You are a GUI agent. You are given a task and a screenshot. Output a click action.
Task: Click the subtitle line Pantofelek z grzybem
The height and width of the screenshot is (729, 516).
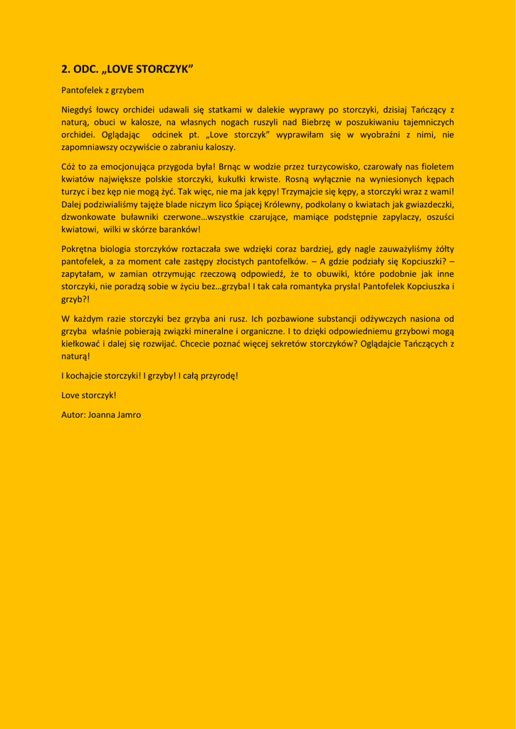tap(102, 90)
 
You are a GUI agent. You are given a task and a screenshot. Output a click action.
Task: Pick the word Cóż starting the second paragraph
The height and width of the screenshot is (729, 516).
tap(70, 167)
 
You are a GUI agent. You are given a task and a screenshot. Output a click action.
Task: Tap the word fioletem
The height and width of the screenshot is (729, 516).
tap(436, 167)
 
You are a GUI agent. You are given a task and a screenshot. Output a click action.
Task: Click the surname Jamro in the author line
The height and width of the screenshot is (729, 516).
tap(128, 414)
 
